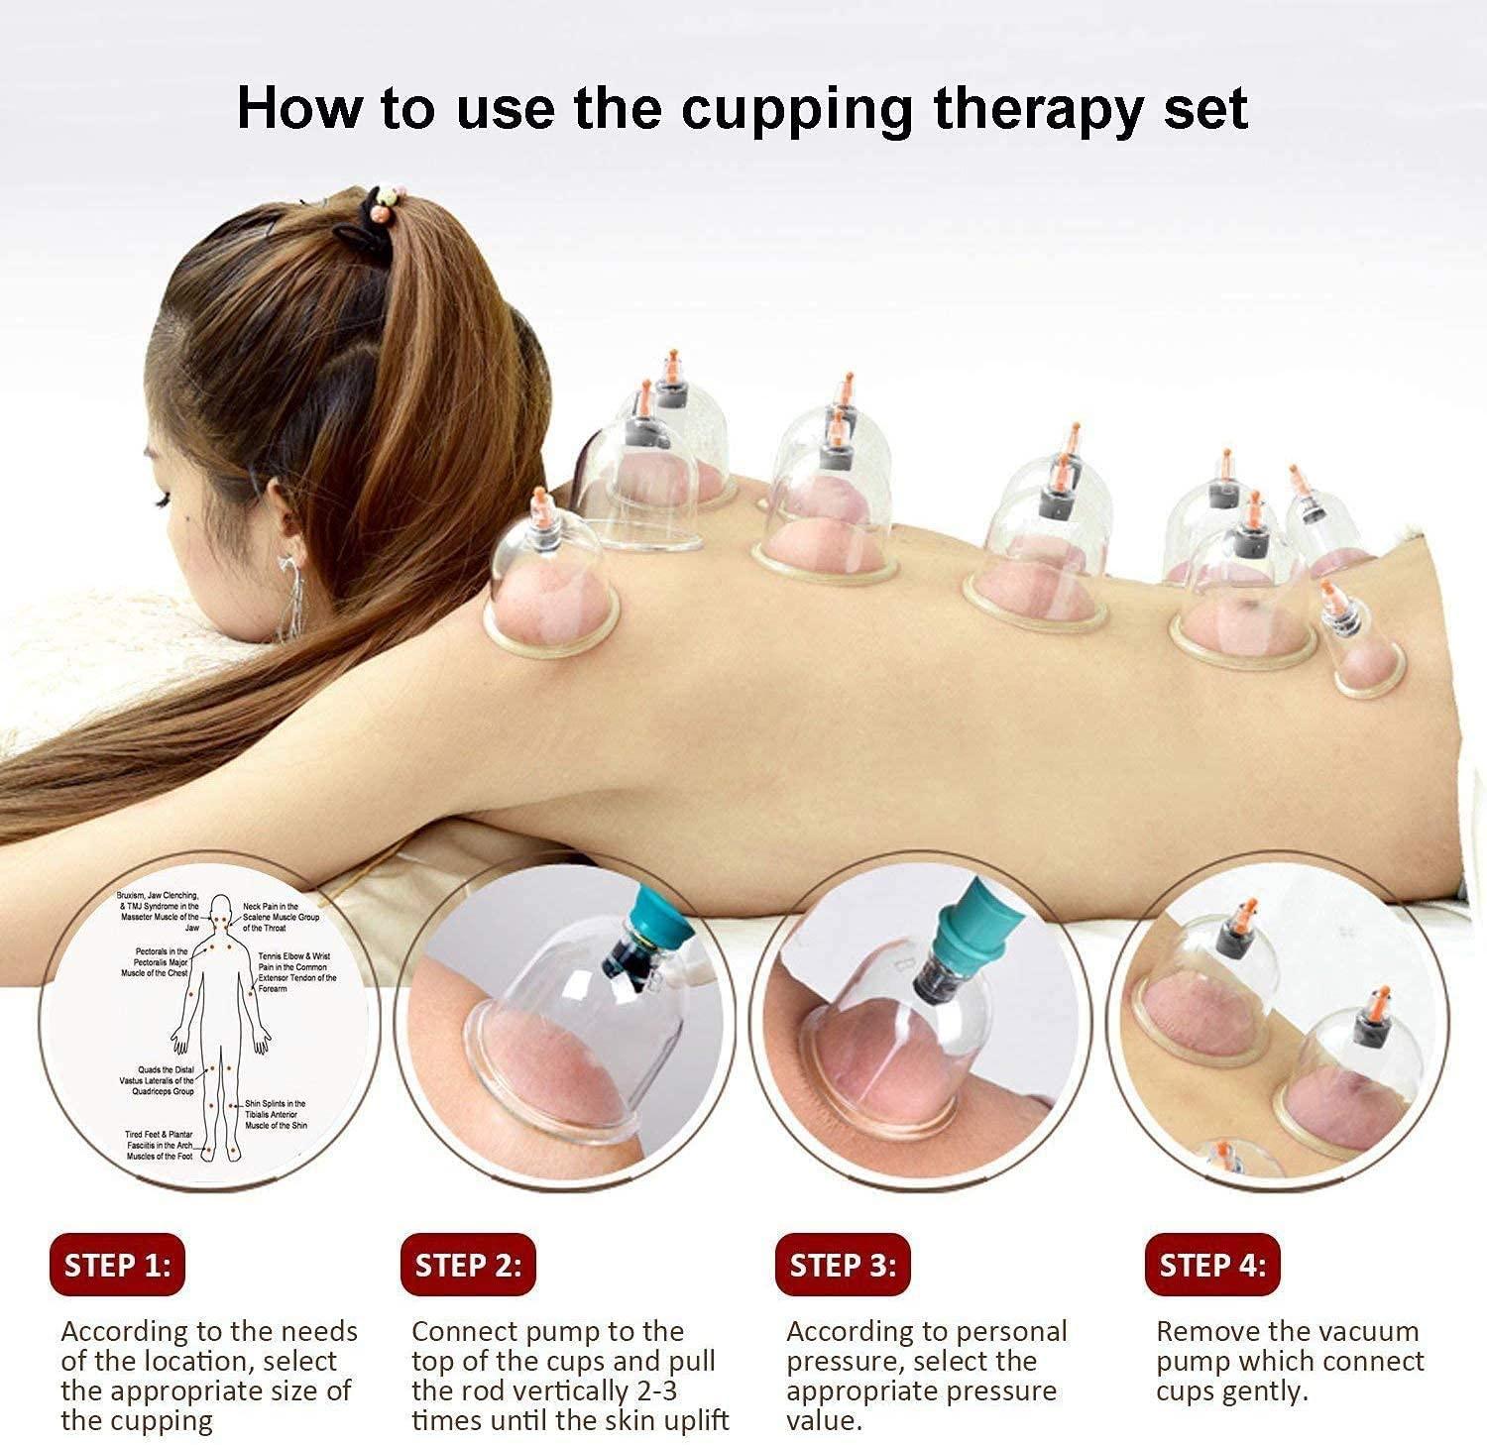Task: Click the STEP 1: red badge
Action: coord(117,1265)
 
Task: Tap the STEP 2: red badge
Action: coord(468,1265)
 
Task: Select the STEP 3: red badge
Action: coord(843,1265)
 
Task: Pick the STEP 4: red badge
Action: coord(1212,1265)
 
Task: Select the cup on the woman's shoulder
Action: coord(551,585)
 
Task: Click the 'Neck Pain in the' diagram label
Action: coord(270,906)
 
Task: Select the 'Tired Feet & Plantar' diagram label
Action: coord(159,1134)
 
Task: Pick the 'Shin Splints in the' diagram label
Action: coord(276,1103)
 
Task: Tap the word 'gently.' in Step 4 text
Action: coord(1265,1390)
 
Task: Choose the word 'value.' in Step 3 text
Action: coord(823,1420)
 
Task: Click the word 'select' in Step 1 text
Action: coord(294,1361)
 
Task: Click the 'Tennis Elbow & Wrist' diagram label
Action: coord(294,956)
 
